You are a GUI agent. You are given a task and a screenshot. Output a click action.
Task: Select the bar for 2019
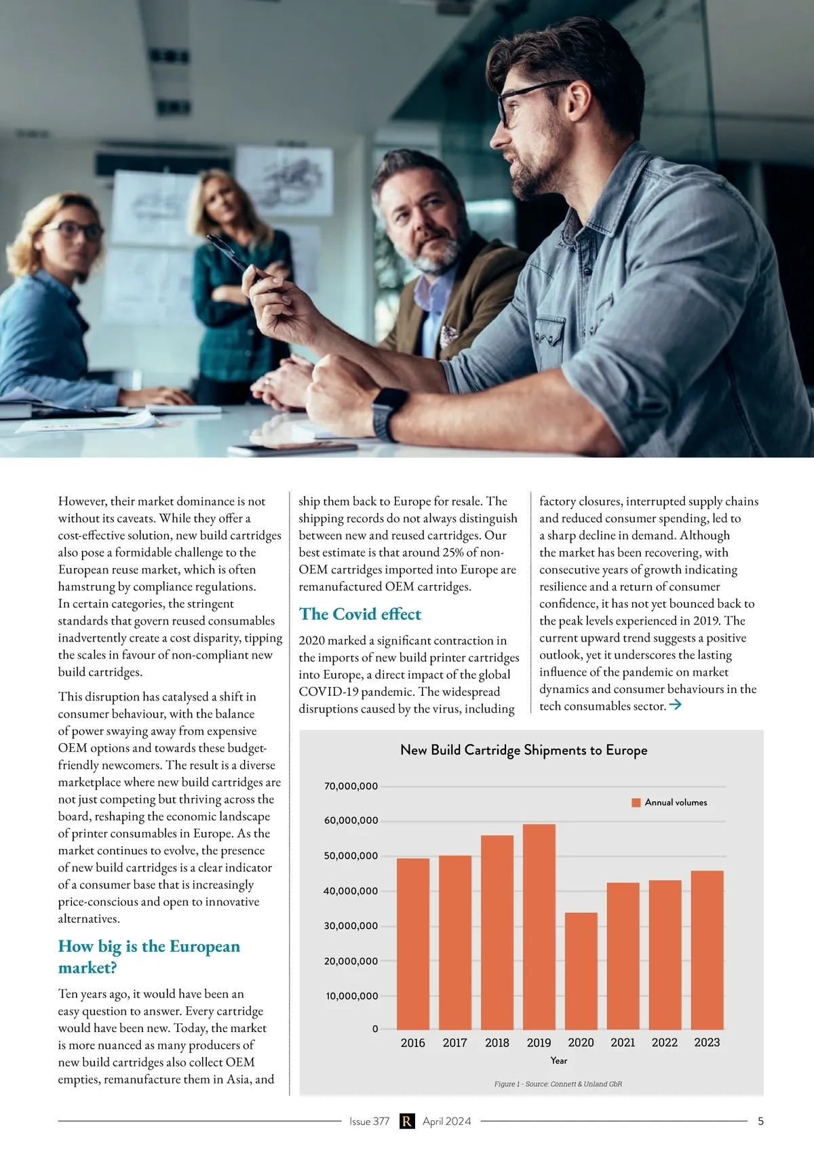tap(539, 926)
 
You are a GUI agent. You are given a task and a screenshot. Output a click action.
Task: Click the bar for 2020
tap(581, 971)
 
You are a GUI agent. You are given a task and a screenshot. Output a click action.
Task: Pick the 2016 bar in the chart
tap(413, 944)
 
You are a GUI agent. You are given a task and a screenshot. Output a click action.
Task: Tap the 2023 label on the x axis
tap(707, 1043)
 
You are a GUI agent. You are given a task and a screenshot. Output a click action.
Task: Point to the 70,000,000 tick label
tap(351, 787)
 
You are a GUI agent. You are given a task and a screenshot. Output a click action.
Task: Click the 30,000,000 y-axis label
tap(351, 926)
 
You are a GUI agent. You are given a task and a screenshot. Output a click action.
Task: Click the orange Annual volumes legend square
tap(636, 803)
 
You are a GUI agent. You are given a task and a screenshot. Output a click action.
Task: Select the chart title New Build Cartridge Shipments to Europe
tap(524, 750)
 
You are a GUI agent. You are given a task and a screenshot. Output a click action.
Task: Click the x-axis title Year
tap(559, 1060)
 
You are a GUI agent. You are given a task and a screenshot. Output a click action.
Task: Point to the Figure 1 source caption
tap(558, 1084)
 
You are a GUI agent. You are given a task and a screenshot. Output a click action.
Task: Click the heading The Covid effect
tap(360, 614)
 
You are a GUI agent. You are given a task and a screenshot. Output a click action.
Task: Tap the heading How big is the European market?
tap(149, 957)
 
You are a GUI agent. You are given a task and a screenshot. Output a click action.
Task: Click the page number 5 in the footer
tap(760, 1122)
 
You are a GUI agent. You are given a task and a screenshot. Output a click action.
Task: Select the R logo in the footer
tap(406, 1122)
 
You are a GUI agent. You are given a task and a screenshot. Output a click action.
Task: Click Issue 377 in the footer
tap(369, 1122)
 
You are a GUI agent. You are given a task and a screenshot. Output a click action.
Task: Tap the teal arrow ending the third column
tap(675, 705)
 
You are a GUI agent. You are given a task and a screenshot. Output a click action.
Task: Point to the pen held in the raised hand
tap(231, 254)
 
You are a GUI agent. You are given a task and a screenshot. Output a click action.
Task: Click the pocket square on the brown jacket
tap(448, 334)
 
